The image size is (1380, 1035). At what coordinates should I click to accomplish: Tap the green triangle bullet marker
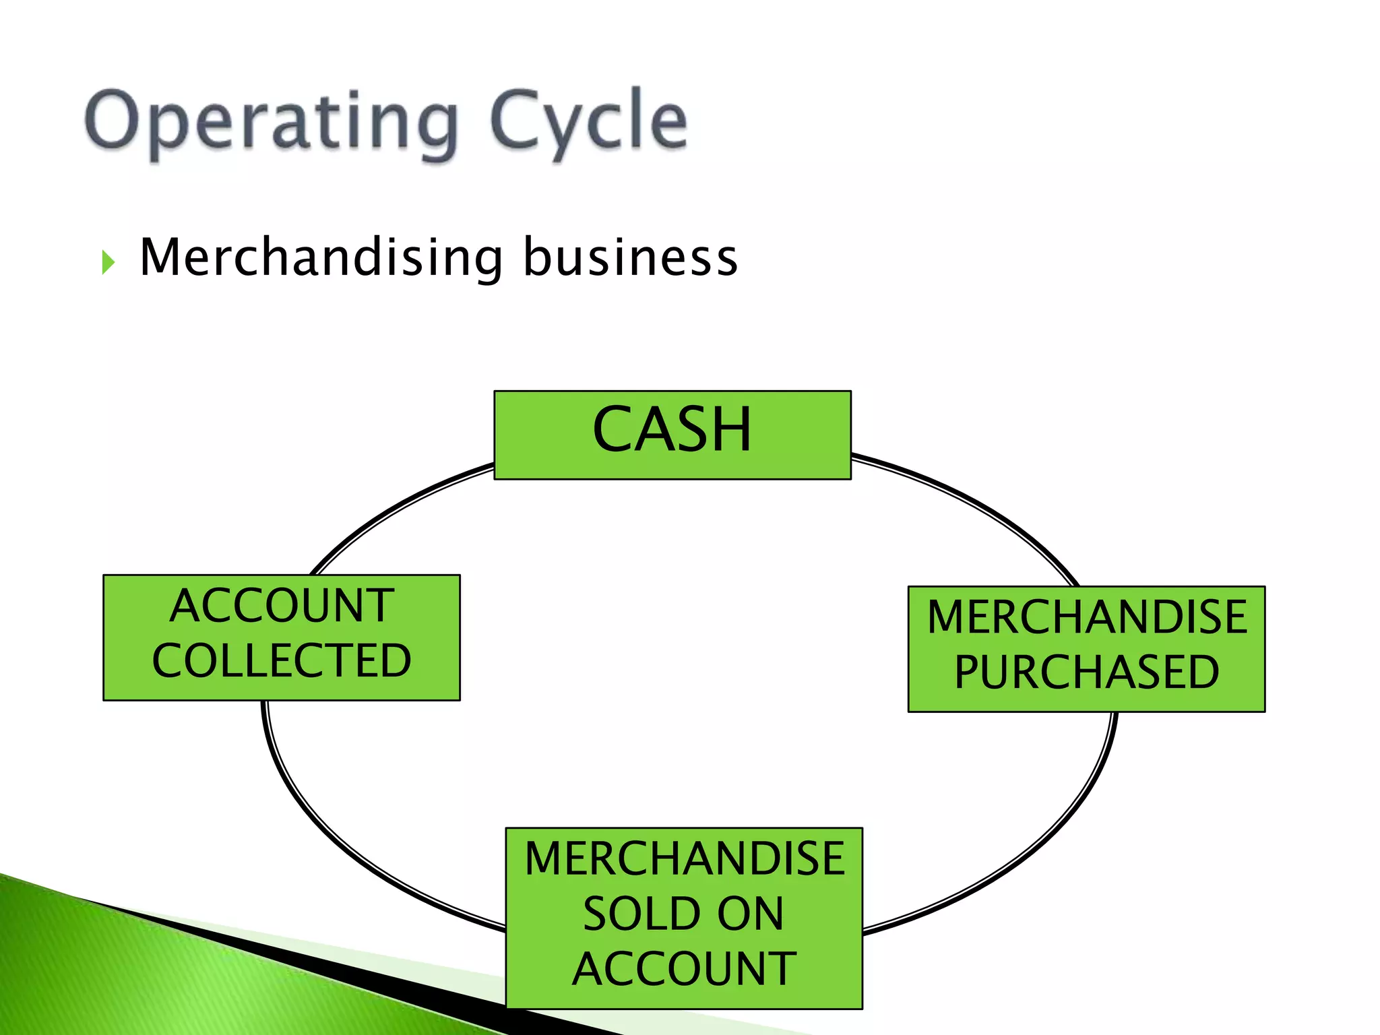click(108, 262)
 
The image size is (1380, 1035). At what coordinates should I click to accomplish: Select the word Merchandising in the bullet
click(321, 258)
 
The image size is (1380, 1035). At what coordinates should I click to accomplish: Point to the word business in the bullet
click(630, 258)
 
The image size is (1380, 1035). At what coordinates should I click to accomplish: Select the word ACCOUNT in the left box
click(282, 605)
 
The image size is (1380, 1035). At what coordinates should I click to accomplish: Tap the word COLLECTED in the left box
click(282, 660)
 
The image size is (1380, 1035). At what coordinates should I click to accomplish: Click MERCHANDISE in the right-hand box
click(1086, 617)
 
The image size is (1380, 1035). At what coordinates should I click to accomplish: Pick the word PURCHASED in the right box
click(1086, 672)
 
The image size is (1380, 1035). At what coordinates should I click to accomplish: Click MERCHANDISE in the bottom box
click(684, 858)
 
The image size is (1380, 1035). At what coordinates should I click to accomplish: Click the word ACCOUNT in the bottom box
click(684, 969)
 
